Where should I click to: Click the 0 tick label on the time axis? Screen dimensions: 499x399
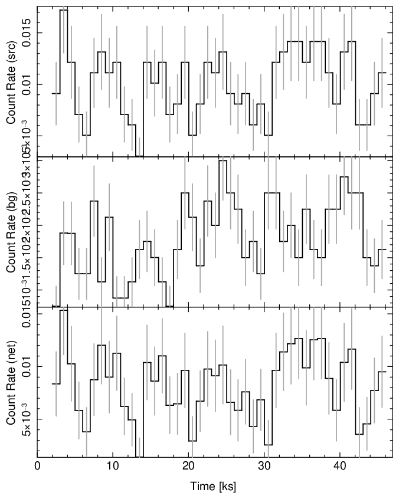click(x=37, y=465)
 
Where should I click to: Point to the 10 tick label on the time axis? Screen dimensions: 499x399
click(x=113, y=465)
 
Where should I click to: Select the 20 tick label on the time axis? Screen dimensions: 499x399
click(x=188, y=465)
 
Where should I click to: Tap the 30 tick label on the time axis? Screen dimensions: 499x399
click(x=264, y=465)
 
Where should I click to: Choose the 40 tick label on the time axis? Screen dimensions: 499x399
click(x=339, y=465)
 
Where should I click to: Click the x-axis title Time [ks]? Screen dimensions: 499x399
click(x=213, y=487)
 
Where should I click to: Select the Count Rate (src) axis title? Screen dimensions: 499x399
click(x=11, y=83)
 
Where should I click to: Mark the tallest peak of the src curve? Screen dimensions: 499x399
click(x=64, y=10)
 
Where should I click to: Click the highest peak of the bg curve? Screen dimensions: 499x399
click(x=223, y=160)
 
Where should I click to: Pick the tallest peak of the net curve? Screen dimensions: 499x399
click(x=64, y=310)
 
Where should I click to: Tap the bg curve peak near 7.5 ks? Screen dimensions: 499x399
click(x=94, y=201)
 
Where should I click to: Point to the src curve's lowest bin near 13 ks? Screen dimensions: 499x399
click(x=139, y=156)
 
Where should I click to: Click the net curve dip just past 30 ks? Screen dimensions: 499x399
click(x=268, y=445)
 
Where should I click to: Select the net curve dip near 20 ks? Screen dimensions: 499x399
click(x=192, y=441)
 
